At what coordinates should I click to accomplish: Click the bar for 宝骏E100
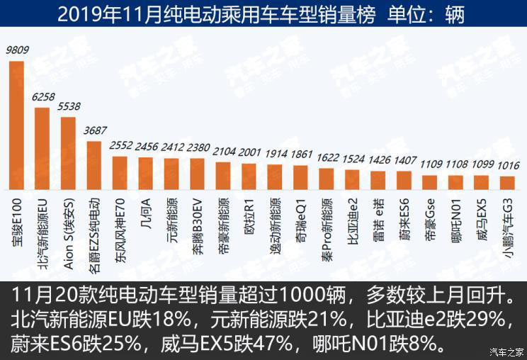(x=16, y=125)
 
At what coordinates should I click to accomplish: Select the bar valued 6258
(x=42, y=149)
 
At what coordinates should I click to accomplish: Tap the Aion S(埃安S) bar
(x=68, y=154)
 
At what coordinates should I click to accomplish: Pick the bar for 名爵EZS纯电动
(x=93, y=166)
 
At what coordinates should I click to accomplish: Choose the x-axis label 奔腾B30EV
(x=198, y=220)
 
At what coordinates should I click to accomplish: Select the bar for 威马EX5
(x=482, y=183)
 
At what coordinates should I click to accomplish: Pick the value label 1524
(x=352, y=159)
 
